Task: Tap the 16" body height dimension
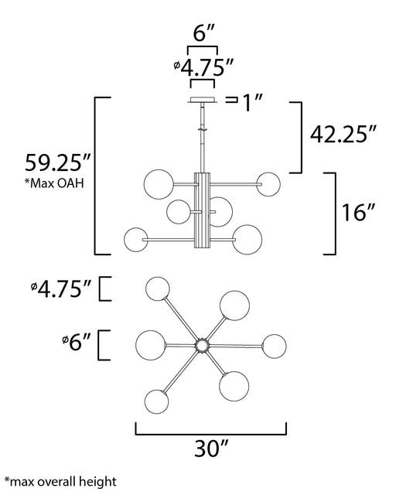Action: [x=359, y=212]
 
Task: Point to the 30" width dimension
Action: [x=211, y=448]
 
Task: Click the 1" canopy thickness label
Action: [x=252, y=102]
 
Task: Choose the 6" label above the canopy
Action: [x=204, y=32]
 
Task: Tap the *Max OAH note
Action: [x=54, y=183]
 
